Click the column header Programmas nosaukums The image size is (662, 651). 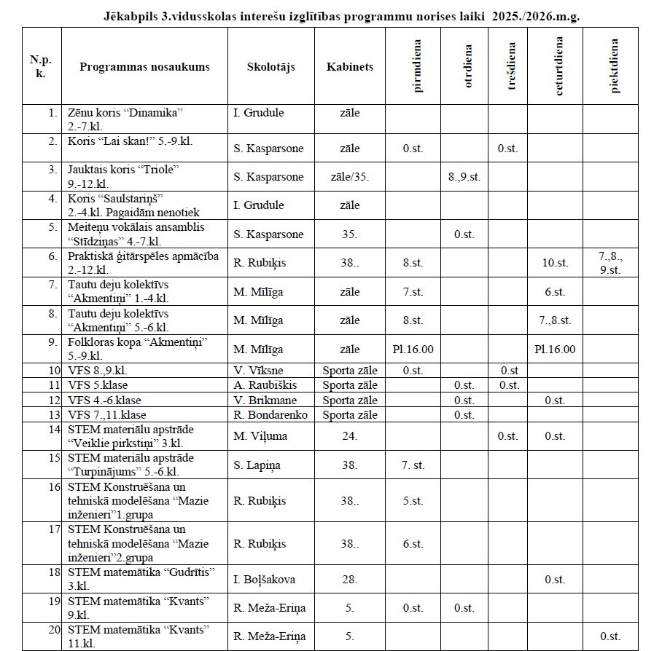coord(144,66)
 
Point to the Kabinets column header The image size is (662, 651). coord(349,66)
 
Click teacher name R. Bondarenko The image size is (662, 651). coord(270,414)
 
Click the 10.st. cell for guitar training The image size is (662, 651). coord(553,263)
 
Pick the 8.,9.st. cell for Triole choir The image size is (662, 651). coord(464,177)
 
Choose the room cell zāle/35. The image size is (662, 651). coord(349,177)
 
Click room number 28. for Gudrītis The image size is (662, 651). coord(349,580)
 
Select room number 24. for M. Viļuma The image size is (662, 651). coord(349,436)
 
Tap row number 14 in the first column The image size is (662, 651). coord(53,429)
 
